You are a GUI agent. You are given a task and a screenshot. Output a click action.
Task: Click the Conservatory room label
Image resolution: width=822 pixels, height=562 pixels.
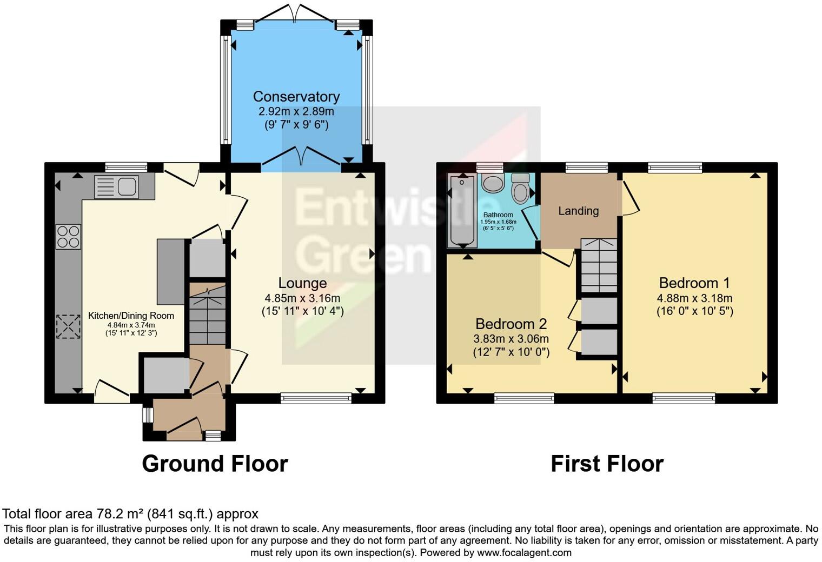(x=296, y=97)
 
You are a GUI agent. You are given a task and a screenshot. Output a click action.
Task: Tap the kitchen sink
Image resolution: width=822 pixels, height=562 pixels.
(x=116, y=187)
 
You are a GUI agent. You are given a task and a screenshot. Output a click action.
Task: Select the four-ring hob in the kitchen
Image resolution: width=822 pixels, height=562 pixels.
(x=68, y=237)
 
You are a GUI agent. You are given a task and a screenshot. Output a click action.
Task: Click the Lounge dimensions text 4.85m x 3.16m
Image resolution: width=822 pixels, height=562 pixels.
(x=302, y=298)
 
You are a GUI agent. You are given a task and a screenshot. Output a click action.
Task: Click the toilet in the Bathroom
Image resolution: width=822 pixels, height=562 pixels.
(x=520, y=188)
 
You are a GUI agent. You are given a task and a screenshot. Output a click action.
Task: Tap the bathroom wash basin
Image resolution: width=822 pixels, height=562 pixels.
(x=492, y=183)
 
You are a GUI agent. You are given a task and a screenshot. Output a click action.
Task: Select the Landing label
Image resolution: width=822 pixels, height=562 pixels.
(x=578, y=211)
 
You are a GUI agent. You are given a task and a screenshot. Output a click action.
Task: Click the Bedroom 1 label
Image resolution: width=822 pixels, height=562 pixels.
(x=694, y=283)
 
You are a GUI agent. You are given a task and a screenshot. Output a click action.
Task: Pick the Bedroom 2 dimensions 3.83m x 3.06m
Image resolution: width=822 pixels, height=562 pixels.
(x=511, y=339)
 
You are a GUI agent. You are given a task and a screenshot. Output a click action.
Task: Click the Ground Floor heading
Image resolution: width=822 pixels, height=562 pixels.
(x=215, y=464)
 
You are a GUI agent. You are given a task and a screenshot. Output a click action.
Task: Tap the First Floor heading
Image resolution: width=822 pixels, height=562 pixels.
(x=607, y=464)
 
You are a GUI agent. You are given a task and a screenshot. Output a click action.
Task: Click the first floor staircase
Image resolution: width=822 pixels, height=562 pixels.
(x=599, y=265)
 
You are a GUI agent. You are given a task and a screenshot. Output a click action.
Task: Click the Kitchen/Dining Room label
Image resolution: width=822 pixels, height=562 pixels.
(x=131, y=316)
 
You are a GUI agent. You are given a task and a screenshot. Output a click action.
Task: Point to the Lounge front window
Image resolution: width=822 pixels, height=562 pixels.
(x=316, y=399)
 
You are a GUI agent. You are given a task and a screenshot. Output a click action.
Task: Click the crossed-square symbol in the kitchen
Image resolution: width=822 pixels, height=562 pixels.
(x=68, y=326)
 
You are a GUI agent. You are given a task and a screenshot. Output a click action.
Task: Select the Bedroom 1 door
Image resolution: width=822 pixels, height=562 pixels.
(x=631, y=197)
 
